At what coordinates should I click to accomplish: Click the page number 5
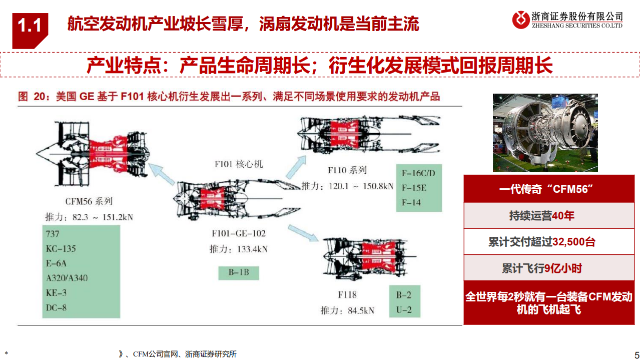633,353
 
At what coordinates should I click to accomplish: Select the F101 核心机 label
238,164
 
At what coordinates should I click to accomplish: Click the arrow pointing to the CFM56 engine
162,175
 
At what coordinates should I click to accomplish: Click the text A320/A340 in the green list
67,277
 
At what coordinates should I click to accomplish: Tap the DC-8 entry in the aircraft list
56,308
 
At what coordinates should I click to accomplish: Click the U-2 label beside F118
404,309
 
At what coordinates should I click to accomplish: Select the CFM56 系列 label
89,201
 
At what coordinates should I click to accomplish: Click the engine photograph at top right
545,133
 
